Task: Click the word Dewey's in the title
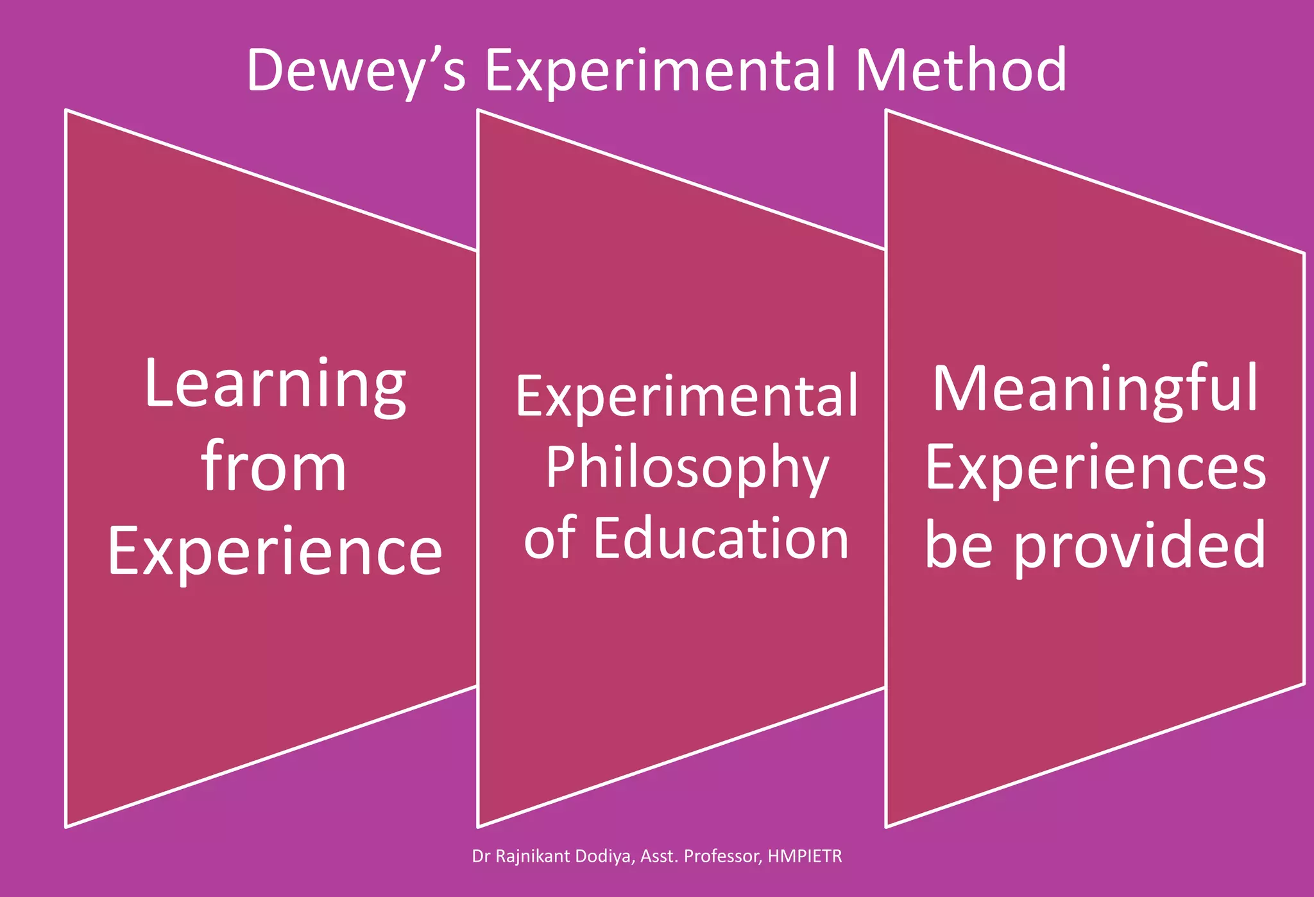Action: click(356, 71)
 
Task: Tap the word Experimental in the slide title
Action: click(661, 71)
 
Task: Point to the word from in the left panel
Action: click(275, 468)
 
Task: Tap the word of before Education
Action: click(549, 538)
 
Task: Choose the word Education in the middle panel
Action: click(721, 538)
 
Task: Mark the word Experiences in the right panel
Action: click(1095, 468)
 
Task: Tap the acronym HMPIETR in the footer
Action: click(805, 857)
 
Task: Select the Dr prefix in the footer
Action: click(480, 857)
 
